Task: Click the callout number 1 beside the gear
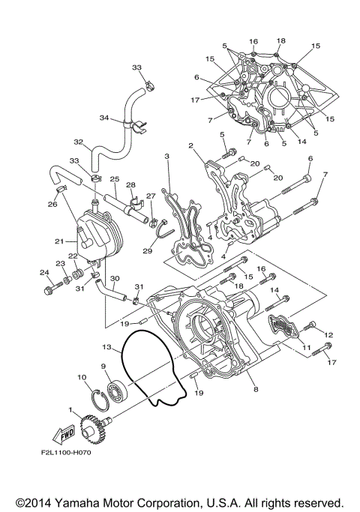click(70, 411)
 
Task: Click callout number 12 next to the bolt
click(327, 334)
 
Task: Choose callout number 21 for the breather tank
click(58, 241)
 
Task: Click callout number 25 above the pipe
click(115, 179)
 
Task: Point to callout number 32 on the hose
click(78, 141)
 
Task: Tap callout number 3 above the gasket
click(166, 156)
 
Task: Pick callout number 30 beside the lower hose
click(114, 277)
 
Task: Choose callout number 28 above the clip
click(130, 184)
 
